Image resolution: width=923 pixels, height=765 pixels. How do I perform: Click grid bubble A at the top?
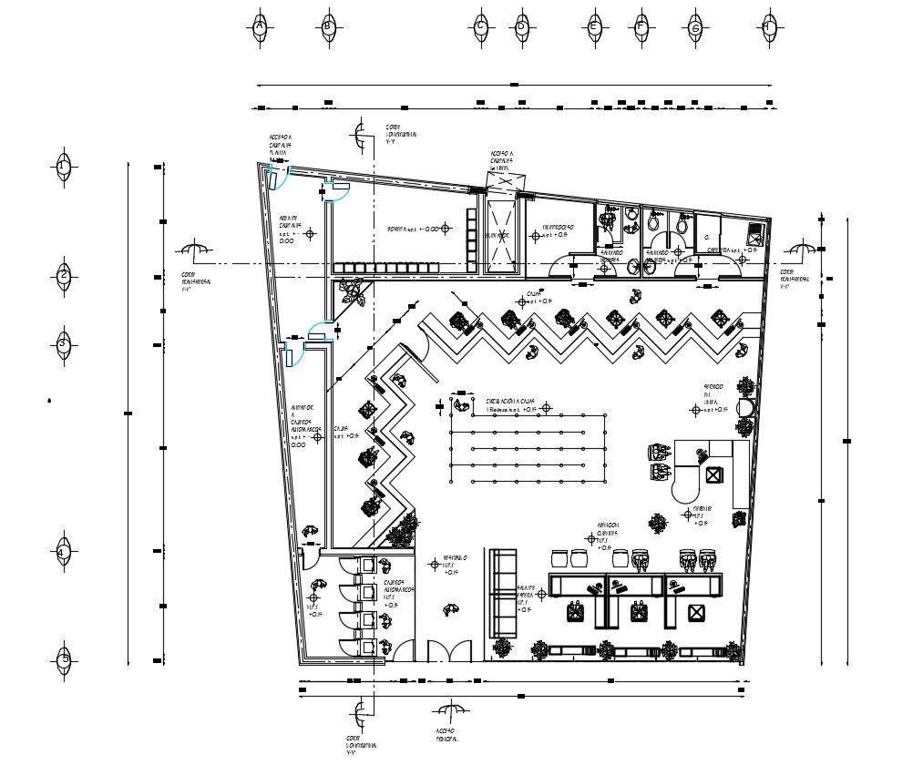(x=260, y=26)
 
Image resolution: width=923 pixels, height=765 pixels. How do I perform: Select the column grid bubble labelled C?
(x=480, y=26)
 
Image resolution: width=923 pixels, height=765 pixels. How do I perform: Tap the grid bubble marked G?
(x=695, y=27)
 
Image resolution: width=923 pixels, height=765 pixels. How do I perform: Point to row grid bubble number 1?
(x=64, y=167)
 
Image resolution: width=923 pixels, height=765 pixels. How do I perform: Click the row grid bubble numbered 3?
(x=64, y=343)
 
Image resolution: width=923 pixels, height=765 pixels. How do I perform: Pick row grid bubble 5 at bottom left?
(x=64, y=658)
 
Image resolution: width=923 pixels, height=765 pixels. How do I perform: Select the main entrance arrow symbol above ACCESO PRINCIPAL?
(x=448, y=710)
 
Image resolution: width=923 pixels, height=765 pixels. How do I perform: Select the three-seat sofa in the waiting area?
(x=503, y=592)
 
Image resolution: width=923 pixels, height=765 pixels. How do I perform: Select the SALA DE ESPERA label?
(x=527, y=594)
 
